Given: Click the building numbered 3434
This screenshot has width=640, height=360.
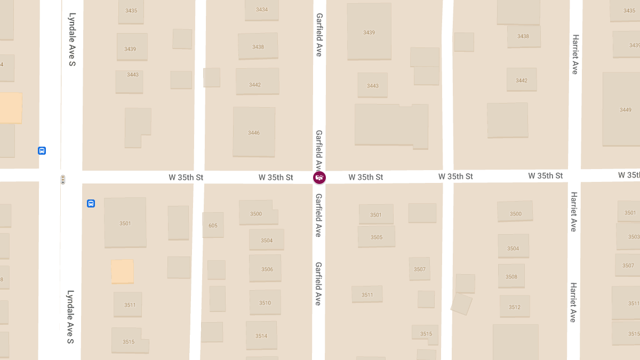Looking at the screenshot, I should point(261,10).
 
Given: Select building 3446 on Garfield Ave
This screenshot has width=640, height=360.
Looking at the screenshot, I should point(254,132).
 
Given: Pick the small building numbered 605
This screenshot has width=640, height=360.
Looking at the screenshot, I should point(213,225).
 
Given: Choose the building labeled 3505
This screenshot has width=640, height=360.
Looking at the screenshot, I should point(377,237).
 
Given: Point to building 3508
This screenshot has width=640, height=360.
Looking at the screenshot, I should point(511,276).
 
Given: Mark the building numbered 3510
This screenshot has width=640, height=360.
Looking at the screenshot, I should point(265,302).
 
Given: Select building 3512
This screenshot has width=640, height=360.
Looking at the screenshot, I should point(514,307).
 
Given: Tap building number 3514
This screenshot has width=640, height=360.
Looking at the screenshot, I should point(261,335).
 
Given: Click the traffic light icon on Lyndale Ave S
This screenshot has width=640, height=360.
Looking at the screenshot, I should point(63,180).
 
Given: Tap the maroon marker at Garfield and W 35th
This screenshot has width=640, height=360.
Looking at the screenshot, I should point(319,178).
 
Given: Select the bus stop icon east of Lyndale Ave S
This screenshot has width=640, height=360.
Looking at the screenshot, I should point(91,203).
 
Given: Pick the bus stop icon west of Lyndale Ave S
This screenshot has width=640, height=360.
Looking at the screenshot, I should point(42,150).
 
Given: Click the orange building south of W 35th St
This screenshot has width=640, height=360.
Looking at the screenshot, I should point(122,271).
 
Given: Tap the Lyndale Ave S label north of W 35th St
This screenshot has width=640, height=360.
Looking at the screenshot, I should point(72,40).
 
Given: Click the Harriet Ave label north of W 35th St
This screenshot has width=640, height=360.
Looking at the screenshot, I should point(574,54).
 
